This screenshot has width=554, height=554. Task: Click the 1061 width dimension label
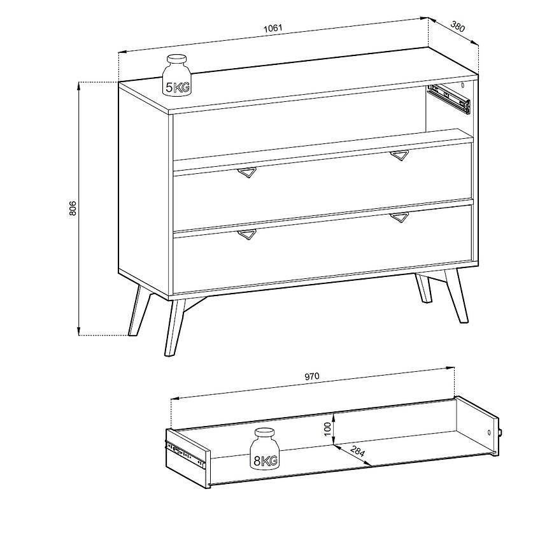[x=273, y=27]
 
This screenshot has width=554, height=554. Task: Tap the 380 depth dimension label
[x=458, y=27]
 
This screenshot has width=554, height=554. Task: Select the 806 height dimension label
[x=73, y=208]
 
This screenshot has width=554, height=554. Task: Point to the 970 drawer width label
[x=312, y=376]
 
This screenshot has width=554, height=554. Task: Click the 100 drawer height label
[x=327, y=429]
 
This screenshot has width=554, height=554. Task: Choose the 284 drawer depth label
[x=358, y=451]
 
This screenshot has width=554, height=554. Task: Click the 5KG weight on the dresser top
[x=176, y=75]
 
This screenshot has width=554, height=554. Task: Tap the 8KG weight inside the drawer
[x=265, y=449]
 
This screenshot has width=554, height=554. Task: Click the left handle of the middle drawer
[x=247, y=173]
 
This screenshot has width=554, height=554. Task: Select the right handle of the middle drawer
[x=399, y=155]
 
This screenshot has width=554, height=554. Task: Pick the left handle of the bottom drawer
[x=247, y=234]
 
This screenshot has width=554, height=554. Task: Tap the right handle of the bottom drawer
[x=399, y=218]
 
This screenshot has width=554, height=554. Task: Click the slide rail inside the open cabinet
[x=449, y=99]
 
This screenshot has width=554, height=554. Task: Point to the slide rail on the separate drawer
[x=185, y=454]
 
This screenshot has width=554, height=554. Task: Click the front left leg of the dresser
[x=174, y=327]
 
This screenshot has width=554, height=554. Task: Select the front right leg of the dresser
[x=457, y=295]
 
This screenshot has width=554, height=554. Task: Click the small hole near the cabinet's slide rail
[x=463, y=85]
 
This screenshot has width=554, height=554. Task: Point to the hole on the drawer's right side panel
[x=489, y=432]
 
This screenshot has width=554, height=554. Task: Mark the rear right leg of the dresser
[x=423, y=288]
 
